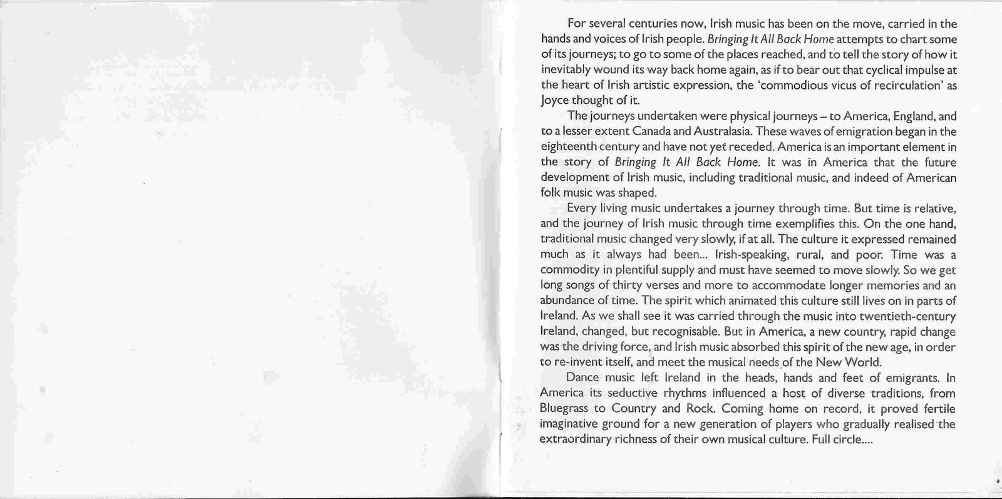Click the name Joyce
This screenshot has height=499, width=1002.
tap(554, 100)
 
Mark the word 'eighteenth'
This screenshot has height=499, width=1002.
tap(567, 147)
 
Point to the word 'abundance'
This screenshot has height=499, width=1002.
tap(567, 301)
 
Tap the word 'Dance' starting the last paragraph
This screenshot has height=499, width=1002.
tap(582, 378)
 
